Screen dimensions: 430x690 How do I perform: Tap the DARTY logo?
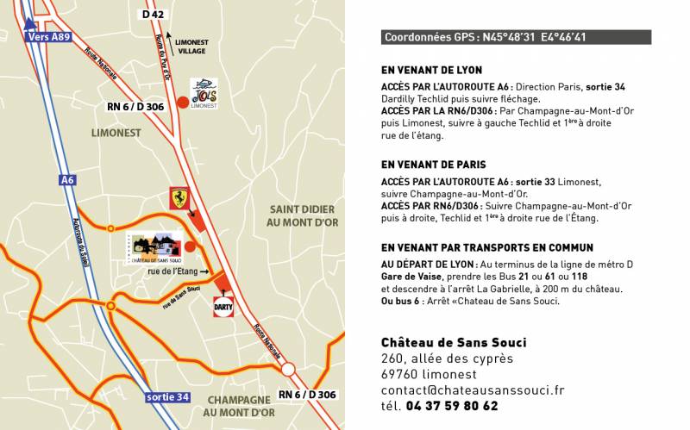point(223,306)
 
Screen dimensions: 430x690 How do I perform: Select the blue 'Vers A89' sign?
point(47,37)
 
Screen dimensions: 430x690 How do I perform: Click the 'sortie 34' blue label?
point(167,397)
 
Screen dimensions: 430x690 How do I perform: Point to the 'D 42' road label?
point(153,15)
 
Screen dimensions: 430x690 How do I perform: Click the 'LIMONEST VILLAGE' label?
point(191,47)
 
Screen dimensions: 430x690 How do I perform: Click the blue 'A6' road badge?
point(67,180)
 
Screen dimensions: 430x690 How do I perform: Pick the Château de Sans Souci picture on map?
point(155,247)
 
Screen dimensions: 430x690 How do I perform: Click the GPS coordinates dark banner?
point(516,37)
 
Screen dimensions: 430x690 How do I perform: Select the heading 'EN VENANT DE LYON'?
point(431,70)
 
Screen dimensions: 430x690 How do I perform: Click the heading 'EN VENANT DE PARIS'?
point(433,165)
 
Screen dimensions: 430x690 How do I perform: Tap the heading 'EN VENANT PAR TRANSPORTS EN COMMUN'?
point(487,247)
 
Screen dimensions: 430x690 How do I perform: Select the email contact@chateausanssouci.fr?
point(473,390)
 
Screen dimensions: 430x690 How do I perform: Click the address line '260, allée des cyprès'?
point(447,358)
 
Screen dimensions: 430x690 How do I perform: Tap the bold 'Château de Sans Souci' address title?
point(454,342)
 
